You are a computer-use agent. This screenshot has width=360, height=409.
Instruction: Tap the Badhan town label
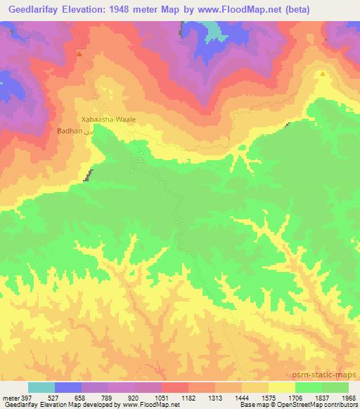pos(70,131)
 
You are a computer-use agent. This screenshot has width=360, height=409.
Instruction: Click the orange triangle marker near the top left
pos(79,53)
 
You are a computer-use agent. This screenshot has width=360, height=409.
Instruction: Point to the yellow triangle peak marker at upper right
pos(323,72)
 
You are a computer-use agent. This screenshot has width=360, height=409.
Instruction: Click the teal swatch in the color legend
pos(41,387)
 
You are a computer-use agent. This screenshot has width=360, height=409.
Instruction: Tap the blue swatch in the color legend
pos(68,387)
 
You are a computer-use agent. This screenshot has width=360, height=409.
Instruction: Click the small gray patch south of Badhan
pos(88,175)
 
